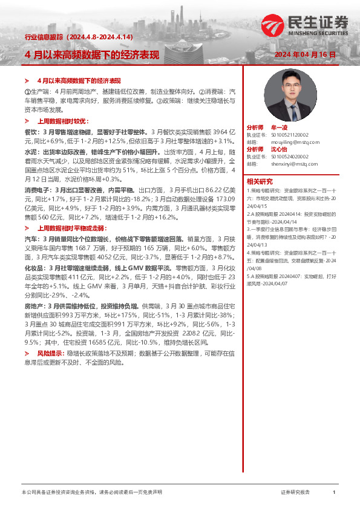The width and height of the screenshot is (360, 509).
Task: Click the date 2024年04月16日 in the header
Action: pos(305,55)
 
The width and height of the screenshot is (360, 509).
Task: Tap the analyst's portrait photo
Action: pos(281,96)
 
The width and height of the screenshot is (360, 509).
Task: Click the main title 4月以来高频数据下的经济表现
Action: pos(91,55)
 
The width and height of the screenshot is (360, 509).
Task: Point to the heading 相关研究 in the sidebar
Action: pos(260,181)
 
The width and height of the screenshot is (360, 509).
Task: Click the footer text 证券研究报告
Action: pos(295,493)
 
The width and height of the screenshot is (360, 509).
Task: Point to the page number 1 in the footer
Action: pos(334,493)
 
